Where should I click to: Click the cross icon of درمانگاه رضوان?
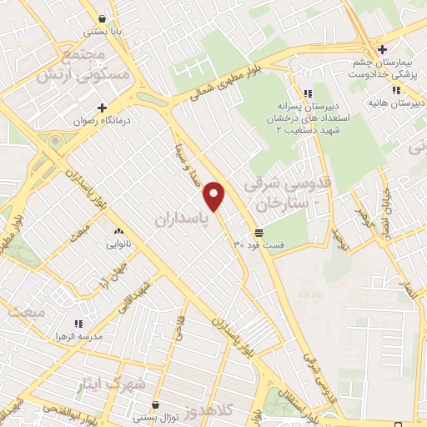click(x=103, y=108)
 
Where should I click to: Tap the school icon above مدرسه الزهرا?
click(x=78, y=323)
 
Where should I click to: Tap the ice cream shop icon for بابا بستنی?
click(x=102, y=18)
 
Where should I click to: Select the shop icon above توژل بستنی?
click(x=156, y=405)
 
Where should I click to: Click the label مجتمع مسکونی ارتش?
click(x=81, y=62)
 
